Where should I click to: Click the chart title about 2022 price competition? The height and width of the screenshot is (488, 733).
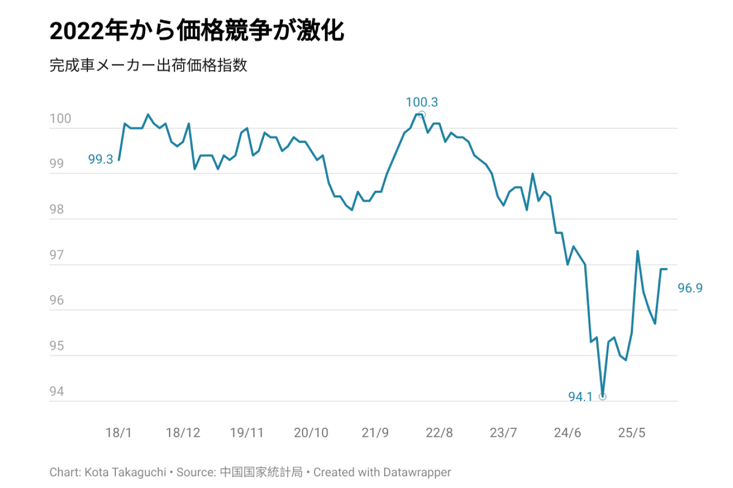(x=197, y=31)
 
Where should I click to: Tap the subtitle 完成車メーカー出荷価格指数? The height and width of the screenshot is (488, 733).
(x=149, y=65)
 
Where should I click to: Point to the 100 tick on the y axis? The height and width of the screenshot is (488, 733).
(x=60, y=119)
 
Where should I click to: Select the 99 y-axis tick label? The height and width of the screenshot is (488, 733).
(x=57, y=164)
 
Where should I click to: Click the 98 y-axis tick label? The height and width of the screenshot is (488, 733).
(x=57, y=209)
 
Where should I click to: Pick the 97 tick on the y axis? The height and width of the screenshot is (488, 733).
(x=57, y=255)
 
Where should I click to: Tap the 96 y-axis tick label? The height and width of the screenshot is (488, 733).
(x=57, y=300)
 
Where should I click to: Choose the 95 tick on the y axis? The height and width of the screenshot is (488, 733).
(x=57, y=346)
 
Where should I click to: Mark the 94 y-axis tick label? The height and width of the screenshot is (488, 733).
(x=57, y=391)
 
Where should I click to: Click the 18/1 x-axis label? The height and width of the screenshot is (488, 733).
(x=119, y=433)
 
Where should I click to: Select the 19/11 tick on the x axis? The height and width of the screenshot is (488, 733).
(x=247, y=433)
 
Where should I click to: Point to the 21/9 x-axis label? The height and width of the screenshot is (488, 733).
(x=375, y=433)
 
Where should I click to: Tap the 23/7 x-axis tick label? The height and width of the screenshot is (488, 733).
(x=503, y=433)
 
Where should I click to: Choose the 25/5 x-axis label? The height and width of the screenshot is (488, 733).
(x=632, y=433)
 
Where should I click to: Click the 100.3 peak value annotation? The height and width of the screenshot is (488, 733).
(x=422, y=102)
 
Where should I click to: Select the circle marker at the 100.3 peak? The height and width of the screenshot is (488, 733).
(x=422, y=115)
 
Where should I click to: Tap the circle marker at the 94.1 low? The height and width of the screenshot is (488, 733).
(x=603, y=397)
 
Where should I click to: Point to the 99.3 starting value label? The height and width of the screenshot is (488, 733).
(x=101, y=160)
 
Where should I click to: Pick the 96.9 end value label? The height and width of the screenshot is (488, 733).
(x=690, y=288)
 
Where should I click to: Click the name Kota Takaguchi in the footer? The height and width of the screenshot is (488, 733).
(x=125, y=472)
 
